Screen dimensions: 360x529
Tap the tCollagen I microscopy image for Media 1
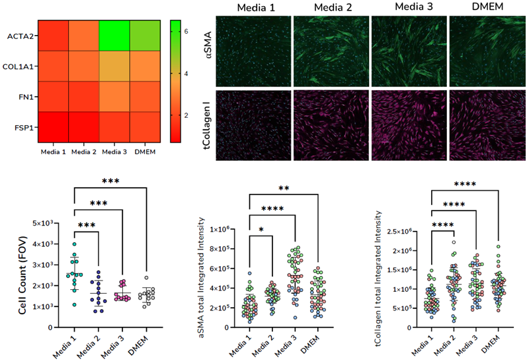253,126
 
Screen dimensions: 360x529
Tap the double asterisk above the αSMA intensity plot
283,188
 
